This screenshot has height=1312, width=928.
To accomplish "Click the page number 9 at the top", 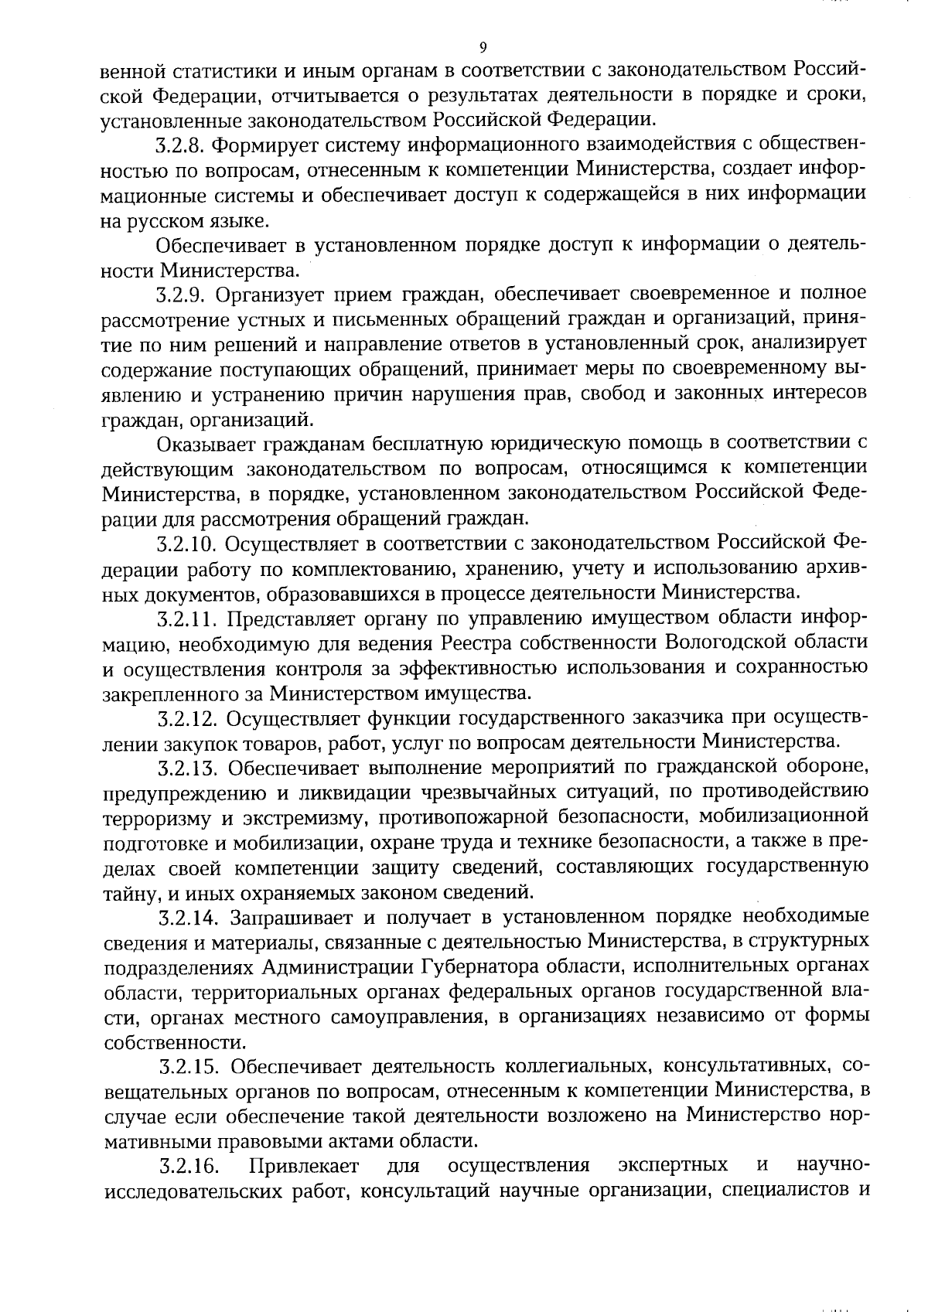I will click(483, 47).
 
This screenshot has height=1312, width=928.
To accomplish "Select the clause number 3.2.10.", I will click(186, 544).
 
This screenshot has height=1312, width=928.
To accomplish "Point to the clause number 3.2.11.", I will click(186, 619).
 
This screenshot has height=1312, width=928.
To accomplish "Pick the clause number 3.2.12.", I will click(186, 718).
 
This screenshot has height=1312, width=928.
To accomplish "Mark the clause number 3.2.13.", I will click(186, 768).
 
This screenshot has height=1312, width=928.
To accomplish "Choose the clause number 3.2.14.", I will click(186, 918).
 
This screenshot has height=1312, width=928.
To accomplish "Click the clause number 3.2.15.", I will click(186, 1068).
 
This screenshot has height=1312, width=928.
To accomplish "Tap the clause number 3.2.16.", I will click(186, 1166).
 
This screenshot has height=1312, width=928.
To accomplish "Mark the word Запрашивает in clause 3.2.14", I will click(289, 918).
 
